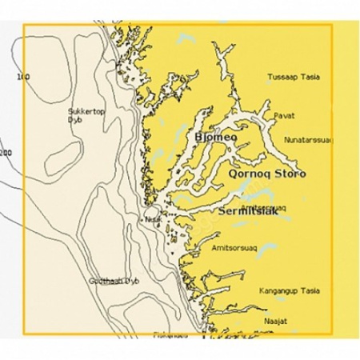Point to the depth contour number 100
click(23, 77)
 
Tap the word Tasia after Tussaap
click(310, 77)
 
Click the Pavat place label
click(284, 116)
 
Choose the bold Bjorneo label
click(215, 138)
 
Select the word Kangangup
click(280, 290)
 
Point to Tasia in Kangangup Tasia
click(311, 290)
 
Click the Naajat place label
click(274, 319)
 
